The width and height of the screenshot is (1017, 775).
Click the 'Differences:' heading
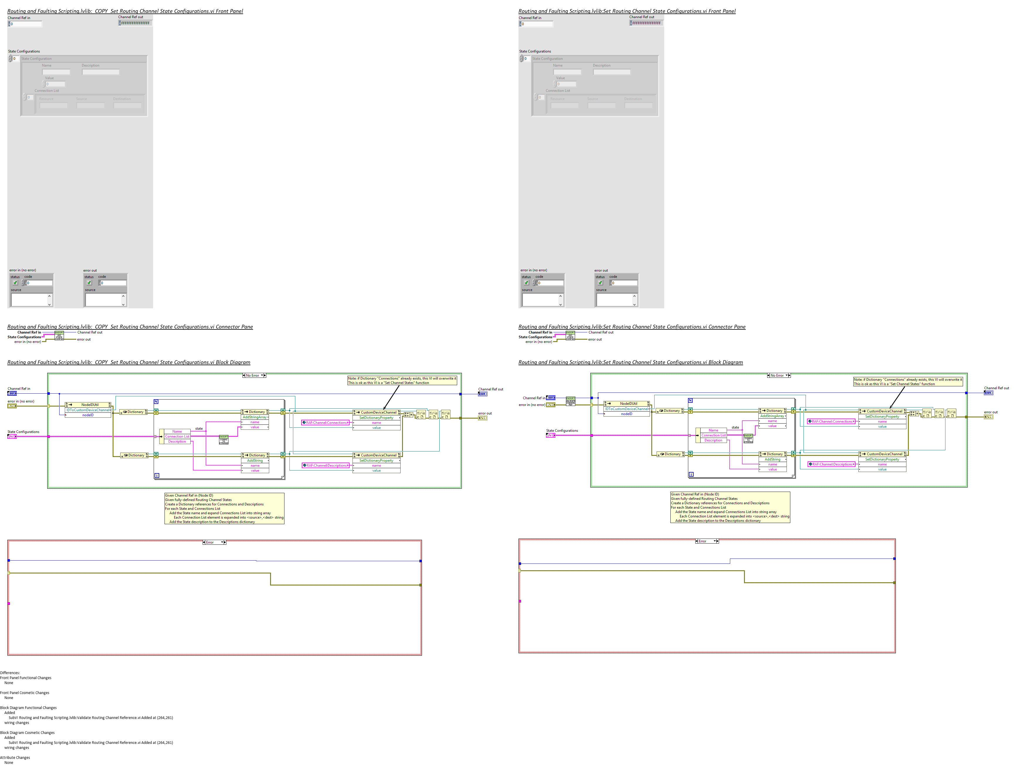pyautogui.click(x=10, y=673)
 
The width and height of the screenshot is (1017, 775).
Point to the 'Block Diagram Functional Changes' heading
pyautogui.click(x=28, y=708)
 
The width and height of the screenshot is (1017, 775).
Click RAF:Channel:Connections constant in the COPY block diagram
pyautogui.click(x=326, y=423)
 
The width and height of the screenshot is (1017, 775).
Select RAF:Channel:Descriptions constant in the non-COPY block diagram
pyautogui.click(x=832, y=464)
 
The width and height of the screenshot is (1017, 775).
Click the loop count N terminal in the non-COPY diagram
pyautogui.click(x=690, y=400)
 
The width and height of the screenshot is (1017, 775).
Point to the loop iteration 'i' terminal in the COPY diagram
pyautogui.click(x=157, y=475)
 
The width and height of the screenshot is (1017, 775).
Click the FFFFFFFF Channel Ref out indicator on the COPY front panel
pyautogui.click(x=135, y=23)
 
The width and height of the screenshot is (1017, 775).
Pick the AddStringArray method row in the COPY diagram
pyautogui.click(x=255, y=417)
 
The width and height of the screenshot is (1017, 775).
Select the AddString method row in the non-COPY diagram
pyautogui.click(x=772, y=459)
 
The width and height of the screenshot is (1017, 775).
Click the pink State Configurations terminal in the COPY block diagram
pyautogui.click(x=11, y=436)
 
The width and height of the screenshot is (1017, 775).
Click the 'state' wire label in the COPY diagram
pyautogui.click(x=199, y=429)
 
